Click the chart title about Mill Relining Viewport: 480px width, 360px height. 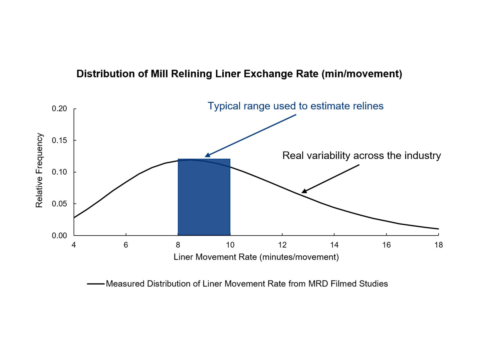pos(239,74)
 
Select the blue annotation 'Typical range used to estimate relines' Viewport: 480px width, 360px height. pos(295,106)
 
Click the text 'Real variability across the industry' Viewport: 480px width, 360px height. pos(361,155)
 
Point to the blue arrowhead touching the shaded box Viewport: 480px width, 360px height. pos(207,155)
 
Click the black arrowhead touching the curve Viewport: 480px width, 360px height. pos(304,191)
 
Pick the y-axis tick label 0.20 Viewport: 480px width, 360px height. pos(59,109)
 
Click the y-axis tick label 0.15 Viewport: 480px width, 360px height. pos(59,140)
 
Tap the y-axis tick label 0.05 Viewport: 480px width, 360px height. pos(59,204)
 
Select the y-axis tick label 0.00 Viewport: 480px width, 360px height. pos(59,236)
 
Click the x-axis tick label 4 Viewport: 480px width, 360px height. pos(74,245)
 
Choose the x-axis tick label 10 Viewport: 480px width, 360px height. pos(230,245)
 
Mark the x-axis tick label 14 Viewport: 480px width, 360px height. pos(334,245)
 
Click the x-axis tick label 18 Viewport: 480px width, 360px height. pos(438,245)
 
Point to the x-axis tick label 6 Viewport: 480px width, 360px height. pos(126,245)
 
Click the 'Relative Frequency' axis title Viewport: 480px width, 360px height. pos(39,170)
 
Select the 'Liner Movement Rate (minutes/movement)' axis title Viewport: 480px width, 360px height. pos(256,257)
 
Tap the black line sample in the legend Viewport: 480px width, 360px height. pos(96,284)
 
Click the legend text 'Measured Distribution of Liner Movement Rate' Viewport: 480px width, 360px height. pos(247,284)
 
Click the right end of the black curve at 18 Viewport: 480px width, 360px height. pos(438,229)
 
